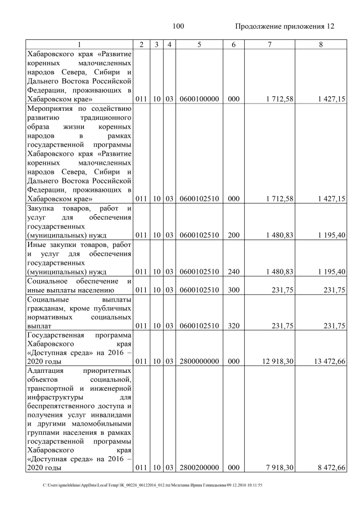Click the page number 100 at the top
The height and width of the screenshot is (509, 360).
coord(178,26)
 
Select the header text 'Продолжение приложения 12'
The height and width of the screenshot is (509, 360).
coord(284,26)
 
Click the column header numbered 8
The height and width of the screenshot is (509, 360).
coord(321,44)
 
